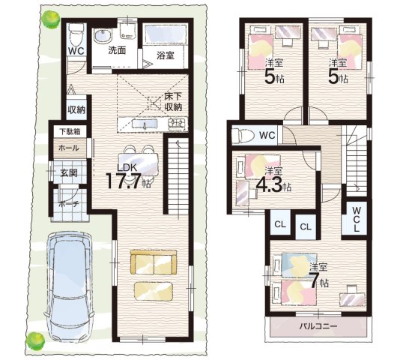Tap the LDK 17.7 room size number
tap(124, 181)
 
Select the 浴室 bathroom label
tap(165, 55)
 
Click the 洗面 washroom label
tap(117, 50)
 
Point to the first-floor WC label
tap(76, 51)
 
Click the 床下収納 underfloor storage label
tap(173, 101)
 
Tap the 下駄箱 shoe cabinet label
tap(70, 131)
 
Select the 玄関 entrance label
tap(69, 173)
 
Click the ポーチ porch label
tap(68, 205)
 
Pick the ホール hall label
tap(69, 148)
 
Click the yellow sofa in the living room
tap(154, 262)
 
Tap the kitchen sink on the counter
tap(145, 124)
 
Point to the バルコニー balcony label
tap(318, 326)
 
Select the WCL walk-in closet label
tap(356, 219)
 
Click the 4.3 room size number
tap(269, 184)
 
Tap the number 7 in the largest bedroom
tap(314, 280)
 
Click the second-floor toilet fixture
tap(243, 135)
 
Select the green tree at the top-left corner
tap(51, 19)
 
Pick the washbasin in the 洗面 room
tap(103, 37)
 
